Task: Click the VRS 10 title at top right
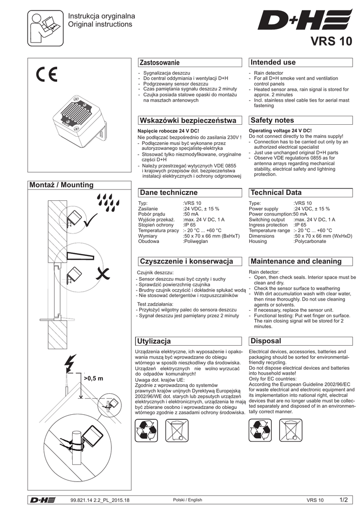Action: [331, 42]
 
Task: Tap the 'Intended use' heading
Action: [273, 63]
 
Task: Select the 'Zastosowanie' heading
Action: [159, 63]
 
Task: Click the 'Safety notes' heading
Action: [272, 121]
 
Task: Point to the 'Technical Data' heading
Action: [276, 192]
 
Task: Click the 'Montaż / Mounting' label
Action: [62, 185]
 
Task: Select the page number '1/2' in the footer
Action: [344, 499]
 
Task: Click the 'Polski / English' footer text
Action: [187, 500]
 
